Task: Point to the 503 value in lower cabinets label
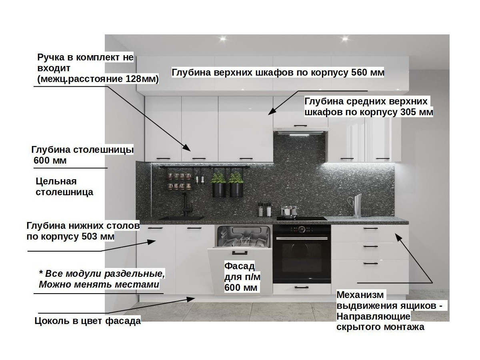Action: point(83,236)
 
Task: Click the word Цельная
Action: point(56,181)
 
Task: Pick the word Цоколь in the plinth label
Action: point(50,321)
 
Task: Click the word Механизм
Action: point(360,296)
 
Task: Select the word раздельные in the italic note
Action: point(134,274)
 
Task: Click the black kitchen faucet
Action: point(187,204)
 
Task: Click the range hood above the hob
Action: point(300,128)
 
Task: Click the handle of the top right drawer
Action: point(370,228)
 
